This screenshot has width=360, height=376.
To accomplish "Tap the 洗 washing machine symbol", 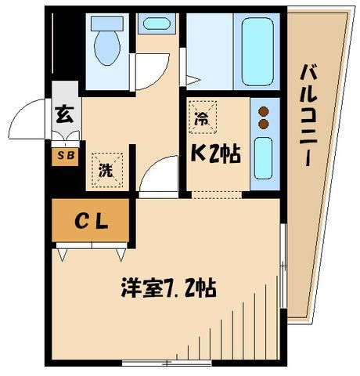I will point(104,167).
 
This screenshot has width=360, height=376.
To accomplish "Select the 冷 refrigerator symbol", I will point(200,119).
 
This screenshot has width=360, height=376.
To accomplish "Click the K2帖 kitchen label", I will point(212,155).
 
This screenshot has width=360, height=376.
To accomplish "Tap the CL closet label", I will point(90,222).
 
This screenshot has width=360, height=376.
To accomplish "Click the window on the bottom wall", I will point(167,363).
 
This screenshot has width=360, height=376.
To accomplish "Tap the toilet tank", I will point(104,21).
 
